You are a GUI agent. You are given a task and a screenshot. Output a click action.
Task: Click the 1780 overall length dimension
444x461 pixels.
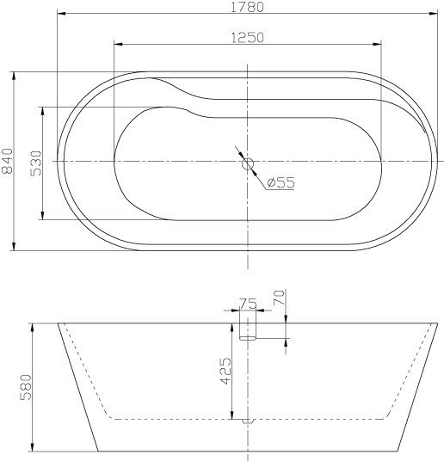[x=247, y=7]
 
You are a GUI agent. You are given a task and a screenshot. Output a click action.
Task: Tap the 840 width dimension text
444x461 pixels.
[x=8, y=161]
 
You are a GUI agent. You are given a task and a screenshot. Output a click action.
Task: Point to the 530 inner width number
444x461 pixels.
[x=36, y=163]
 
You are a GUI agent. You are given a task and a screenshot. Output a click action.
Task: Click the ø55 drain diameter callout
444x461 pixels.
[x=281, y=182]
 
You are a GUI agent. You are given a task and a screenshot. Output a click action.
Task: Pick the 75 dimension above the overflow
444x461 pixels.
[x=247, y=302]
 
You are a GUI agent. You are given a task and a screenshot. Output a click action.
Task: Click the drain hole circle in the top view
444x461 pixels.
[x=248, y=162]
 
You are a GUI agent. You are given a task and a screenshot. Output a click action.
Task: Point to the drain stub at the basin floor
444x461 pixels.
[x=248, y=421]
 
